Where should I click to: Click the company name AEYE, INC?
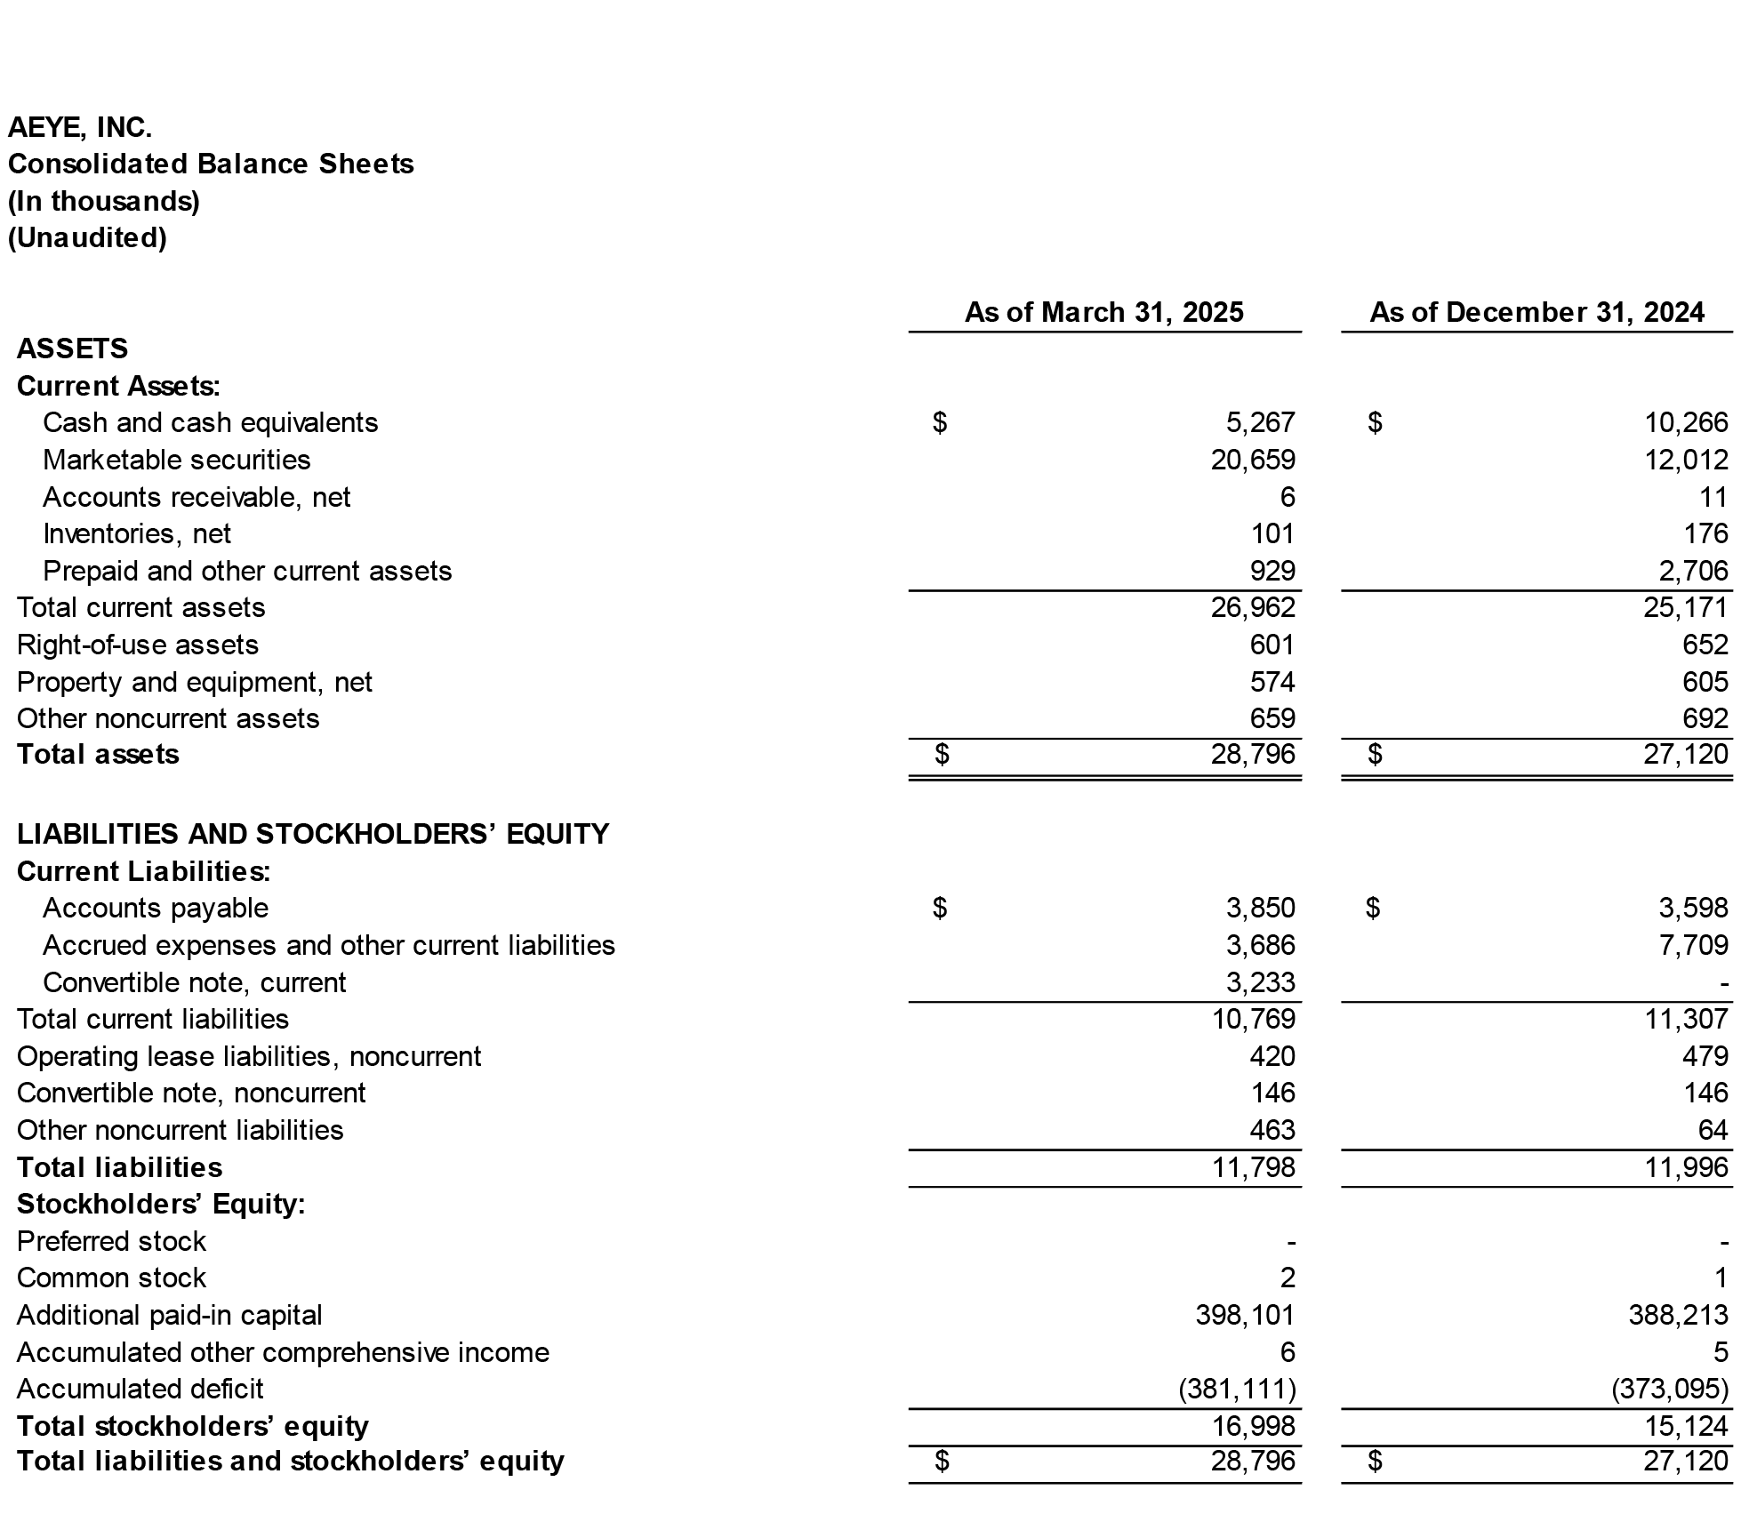80,128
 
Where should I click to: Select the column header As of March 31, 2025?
1103,312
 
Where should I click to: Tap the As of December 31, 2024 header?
1536,312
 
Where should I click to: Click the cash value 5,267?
1260,422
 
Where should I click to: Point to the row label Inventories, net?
137,533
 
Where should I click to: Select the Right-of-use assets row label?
138,645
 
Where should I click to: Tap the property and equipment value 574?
1272,682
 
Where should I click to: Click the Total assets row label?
98,754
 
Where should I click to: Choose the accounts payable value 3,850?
1260,908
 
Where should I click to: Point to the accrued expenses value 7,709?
1693,945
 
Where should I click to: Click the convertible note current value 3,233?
1260,982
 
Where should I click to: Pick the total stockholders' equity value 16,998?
1253,1426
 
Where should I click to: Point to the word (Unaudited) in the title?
87,237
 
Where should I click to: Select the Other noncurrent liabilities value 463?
1272,1130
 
